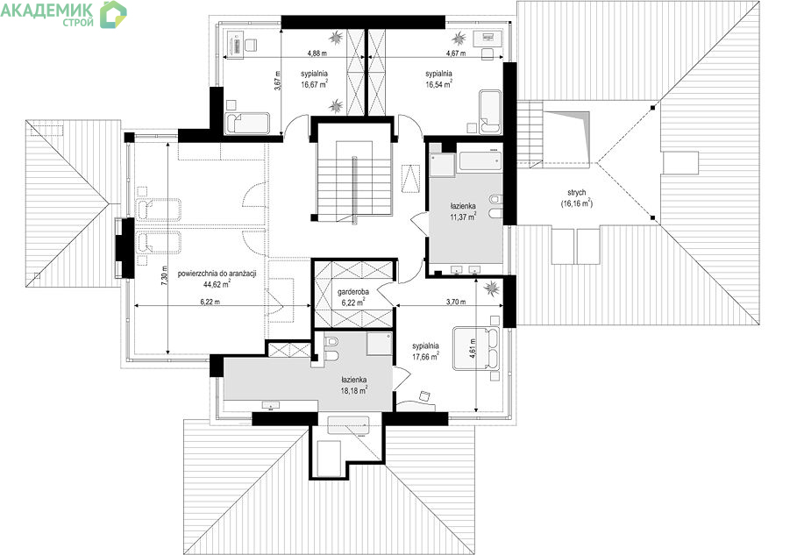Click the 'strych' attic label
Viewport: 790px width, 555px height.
pyautogui.click(x=576, y=193)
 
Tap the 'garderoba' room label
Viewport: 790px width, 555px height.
pyautogui.click(x=353, y=292)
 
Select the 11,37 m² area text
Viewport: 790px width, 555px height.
pyautogui.click(x=463, y=217)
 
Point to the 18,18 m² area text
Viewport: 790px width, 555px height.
pyautogui.click(x=353, y=389)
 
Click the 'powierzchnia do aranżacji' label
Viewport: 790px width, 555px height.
pyautogui.click(x=217, y=274)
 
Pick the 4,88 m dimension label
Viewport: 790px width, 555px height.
pyautogui.click(x=317, y=53)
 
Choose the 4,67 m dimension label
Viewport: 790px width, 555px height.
pyautogui.click(x=456, y=53)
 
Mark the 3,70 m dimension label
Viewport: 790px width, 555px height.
pyautogui.click(x=456, y=302)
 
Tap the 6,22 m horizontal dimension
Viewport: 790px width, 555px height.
pyautogui.click(x=210, y=302)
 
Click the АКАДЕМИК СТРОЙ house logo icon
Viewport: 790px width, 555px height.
pyautogui.click(x=113, y=14)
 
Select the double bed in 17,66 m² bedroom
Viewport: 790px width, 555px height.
pyautogui.click(x=475, y=348)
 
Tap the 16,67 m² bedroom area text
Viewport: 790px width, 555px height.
pyautogui.click(x=315, y=84)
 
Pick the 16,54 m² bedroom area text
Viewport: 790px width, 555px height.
pyautogui.click(x=438, y=84)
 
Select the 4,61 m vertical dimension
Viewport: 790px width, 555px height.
pyautogui.click(x=473, y=348)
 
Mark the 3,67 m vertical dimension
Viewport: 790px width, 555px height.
pyautogui.click(x=277, y=81)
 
